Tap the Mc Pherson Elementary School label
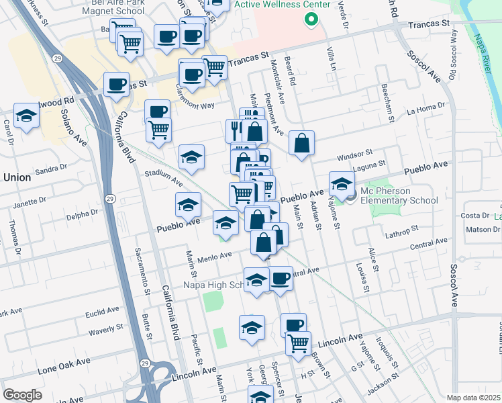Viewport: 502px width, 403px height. pyautogui.click(x=399, y=195)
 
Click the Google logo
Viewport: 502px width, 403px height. pyautogui.click(x=23, y=395)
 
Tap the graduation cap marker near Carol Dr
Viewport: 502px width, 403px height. pyautogui.click(x=27, y=116)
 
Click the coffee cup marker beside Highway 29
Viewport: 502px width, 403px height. pyautogui.click(x=116, y=84)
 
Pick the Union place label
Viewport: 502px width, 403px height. pyautogui.click(x=17, y=177)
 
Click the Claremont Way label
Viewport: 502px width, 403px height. pyautogui.click(x=195, y=100)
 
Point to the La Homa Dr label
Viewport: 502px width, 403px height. pyautogui.click(x=425, y=108)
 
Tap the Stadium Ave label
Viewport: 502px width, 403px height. pyautogui.click(x=164, y=177)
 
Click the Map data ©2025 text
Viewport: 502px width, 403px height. pyautogui.click(x=473, y=398)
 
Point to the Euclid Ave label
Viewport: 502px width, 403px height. pyautogui.click(x=103, y=312)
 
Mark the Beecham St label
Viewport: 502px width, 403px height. pyautogui.click(x=385, y=103)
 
